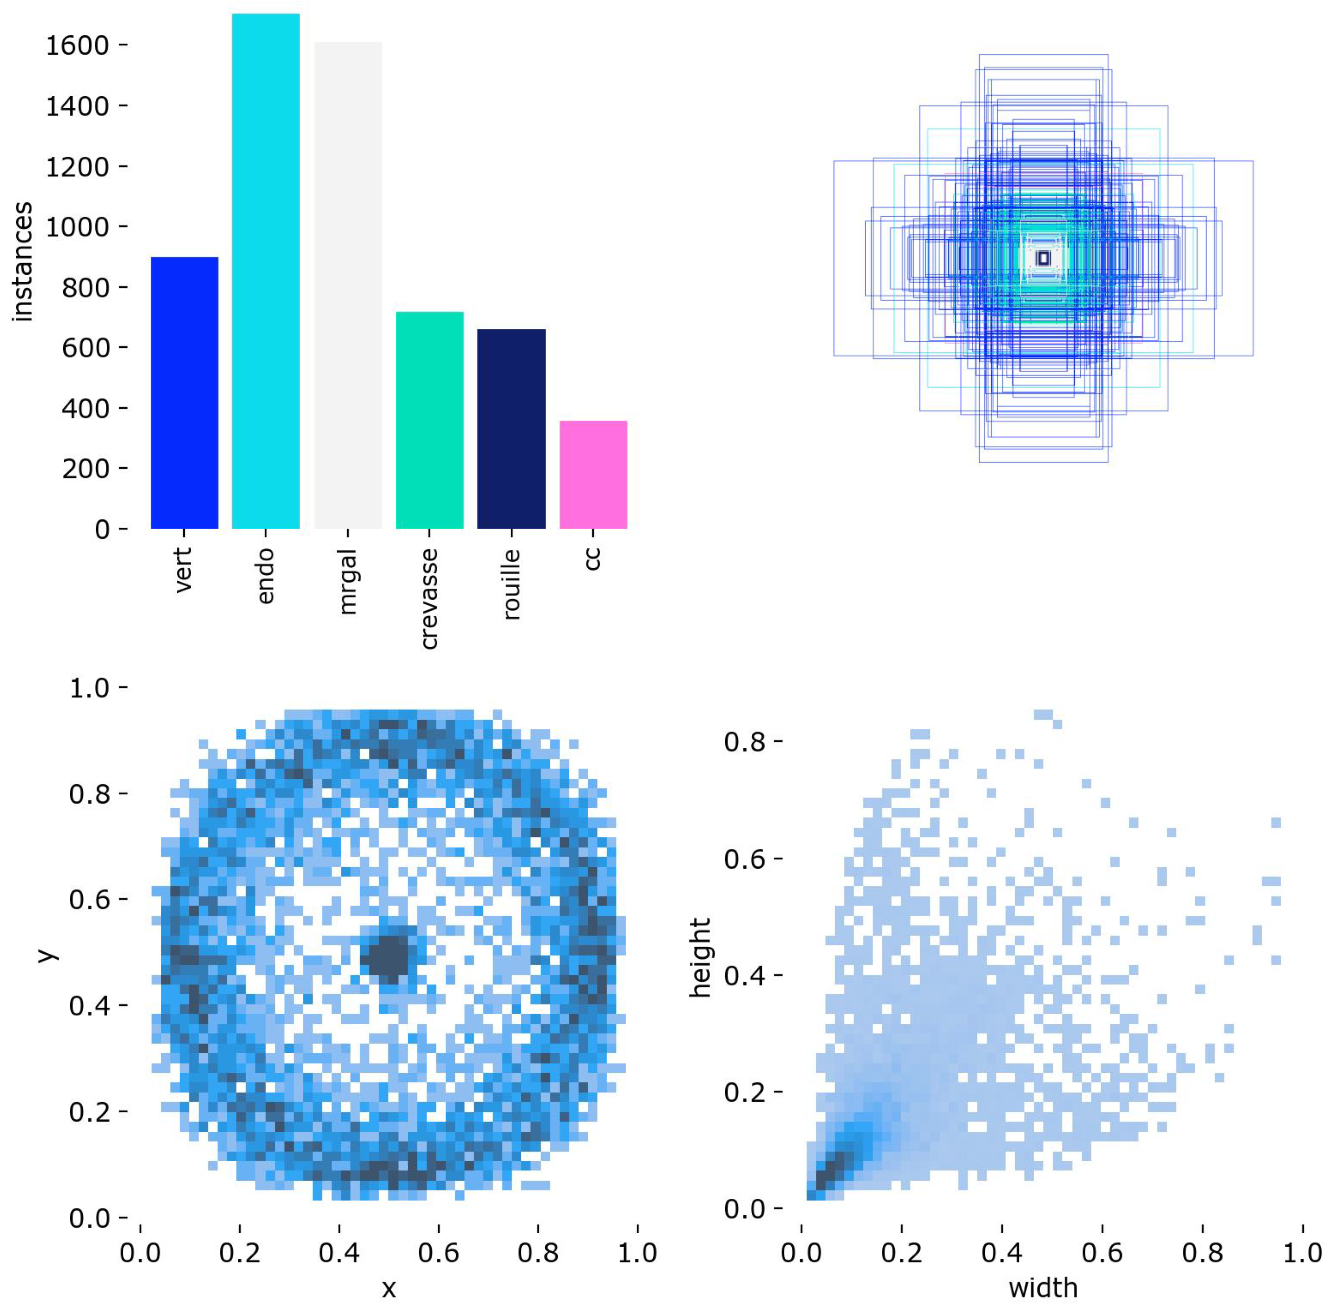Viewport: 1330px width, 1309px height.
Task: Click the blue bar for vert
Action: [x=184, y=392]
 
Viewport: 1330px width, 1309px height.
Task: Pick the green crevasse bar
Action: [x=429, y=420]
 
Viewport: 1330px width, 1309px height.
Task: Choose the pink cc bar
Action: [x=593, y=474]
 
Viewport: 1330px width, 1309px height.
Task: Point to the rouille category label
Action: [x=511, y=584]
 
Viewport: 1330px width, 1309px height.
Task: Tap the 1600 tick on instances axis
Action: [x=77, y=46]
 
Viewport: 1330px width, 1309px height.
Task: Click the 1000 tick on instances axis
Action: [x=77, y=227]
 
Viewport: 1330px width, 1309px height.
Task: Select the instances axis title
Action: [x=22, y=261]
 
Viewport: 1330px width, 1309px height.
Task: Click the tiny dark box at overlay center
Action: [x=1043, y=258]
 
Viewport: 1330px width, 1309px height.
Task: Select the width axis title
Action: [x=1043, y=1288]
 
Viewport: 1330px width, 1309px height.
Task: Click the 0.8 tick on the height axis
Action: [x=744, y=743]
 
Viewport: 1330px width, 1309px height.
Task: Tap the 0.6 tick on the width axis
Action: [x=1102, y=1253]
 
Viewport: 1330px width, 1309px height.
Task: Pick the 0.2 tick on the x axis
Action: [x=239, y=1253]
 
